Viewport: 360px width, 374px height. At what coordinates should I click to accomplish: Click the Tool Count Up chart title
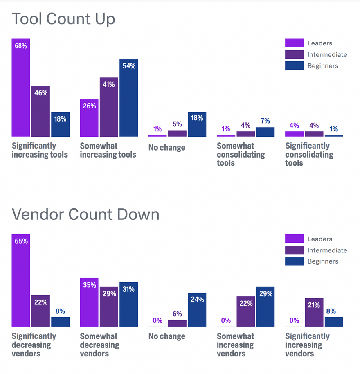63,19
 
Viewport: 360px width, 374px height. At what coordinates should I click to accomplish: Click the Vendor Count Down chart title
85,214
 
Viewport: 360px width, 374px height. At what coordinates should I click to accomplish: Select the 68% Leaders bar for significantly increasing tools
21,88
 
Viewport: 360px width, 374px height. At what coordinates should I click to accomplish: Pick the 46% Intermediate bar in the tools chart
40,111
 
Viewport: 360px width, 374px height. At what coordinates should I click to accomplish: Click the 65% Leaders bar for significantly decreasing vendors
21,281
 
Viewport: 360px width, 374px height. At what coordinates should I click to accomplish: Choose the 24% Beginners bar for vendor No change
197,310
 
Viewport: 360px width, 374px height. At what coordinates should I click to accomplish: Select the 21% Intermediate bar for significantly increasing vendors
314,313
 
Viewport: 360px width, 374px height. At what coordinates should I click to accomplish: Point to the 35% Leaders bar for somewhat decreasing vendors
89,302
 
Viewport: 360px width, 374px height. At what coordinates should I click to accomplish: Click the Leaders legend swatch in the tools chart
294,43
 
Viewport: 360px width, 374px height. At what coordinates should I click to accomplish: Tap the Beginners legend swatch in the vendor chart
294,261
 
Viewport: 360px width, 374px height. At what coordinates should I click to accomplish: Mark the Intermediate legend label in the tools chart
327,55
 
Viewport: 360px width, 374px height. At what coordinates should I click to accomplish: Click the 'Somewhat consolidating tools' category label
241,154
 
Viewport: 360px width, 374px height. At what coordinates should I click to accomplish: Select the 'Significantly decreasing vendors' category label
34,345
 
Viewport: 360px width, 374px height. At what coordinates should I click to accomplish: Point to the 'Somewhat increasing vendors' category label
235,345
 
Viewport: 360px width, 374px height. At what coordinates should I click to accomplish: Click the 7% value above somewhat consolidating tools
265,122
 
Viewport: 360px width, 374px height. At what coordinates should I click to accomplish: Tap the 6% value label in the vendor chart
177,314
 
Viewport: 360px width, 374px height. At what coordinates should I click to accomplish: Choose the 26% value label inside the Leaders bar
89,106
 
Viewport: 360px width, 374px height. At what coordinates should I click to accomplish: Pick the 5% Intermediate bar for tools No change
177,133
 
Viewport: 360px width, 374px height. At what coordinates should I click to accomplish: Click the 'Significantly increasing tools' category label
40,150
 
